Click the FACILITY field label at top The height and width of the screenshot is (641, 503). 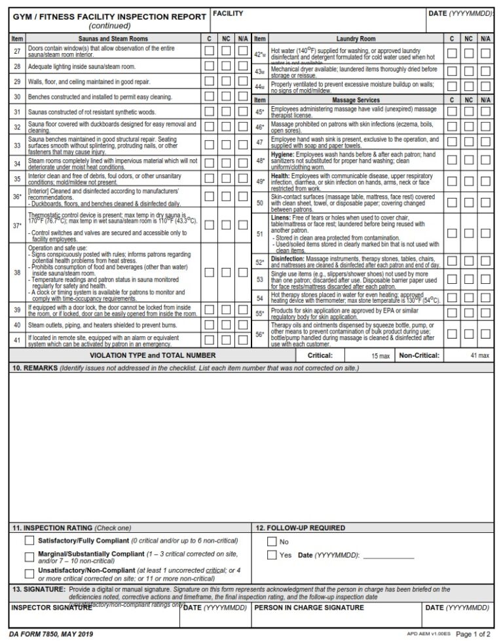pyautogui.click(x=228, y=13)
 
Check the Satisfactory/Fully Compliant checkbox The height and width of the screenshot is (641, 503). pyautogui.click(x=29, y=541)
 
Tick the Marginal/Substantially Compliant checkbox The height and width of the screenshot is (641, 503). pyautogui.click(x=29, y=556)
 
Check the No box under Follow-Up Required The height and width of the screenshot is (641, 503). pyautogui.click(x=272, y=542)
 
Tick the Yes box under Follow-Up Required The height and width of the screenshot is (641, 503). pyautogui.click(x=272, y=555)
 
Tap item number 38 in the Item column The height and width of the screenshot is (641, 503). pyautogui.click(x=17, y=272)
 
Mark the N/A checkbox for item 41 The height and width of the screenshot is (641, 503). pyautogui.click(x=243, y=340)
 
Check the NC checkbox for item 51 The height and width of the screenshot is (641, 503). pyautogui.click(x=469, y=232)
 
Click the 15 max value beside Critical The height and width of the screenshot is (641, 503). pyautogui.click(x=380, y=355)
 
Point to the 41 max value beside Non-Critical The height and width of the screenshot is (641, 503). pyautogui.click(x=479, y=355)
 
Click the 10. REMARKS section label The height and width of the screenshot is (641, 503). pyautogui.click(x=31, y=368)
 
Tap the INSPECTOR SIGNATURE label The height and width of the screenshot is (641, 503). pyautogui.click(x=50, y=608)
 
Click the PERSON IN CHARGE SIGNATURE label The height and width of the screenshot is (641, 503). pyautogui.click(x=308, y=608)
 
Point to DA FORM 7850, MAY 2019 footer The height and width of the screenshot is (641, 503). pyautogui.click(x=51, y=633)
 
